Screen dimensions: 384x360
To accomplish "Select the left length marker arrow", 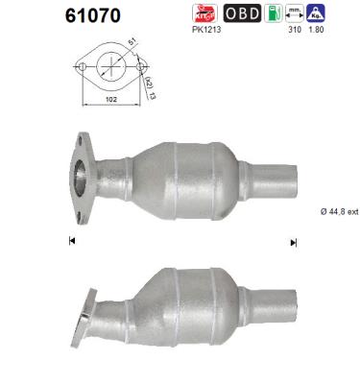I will click(73, 241).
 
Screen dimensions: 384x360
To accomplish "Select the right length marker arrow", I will click(293, 241).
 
